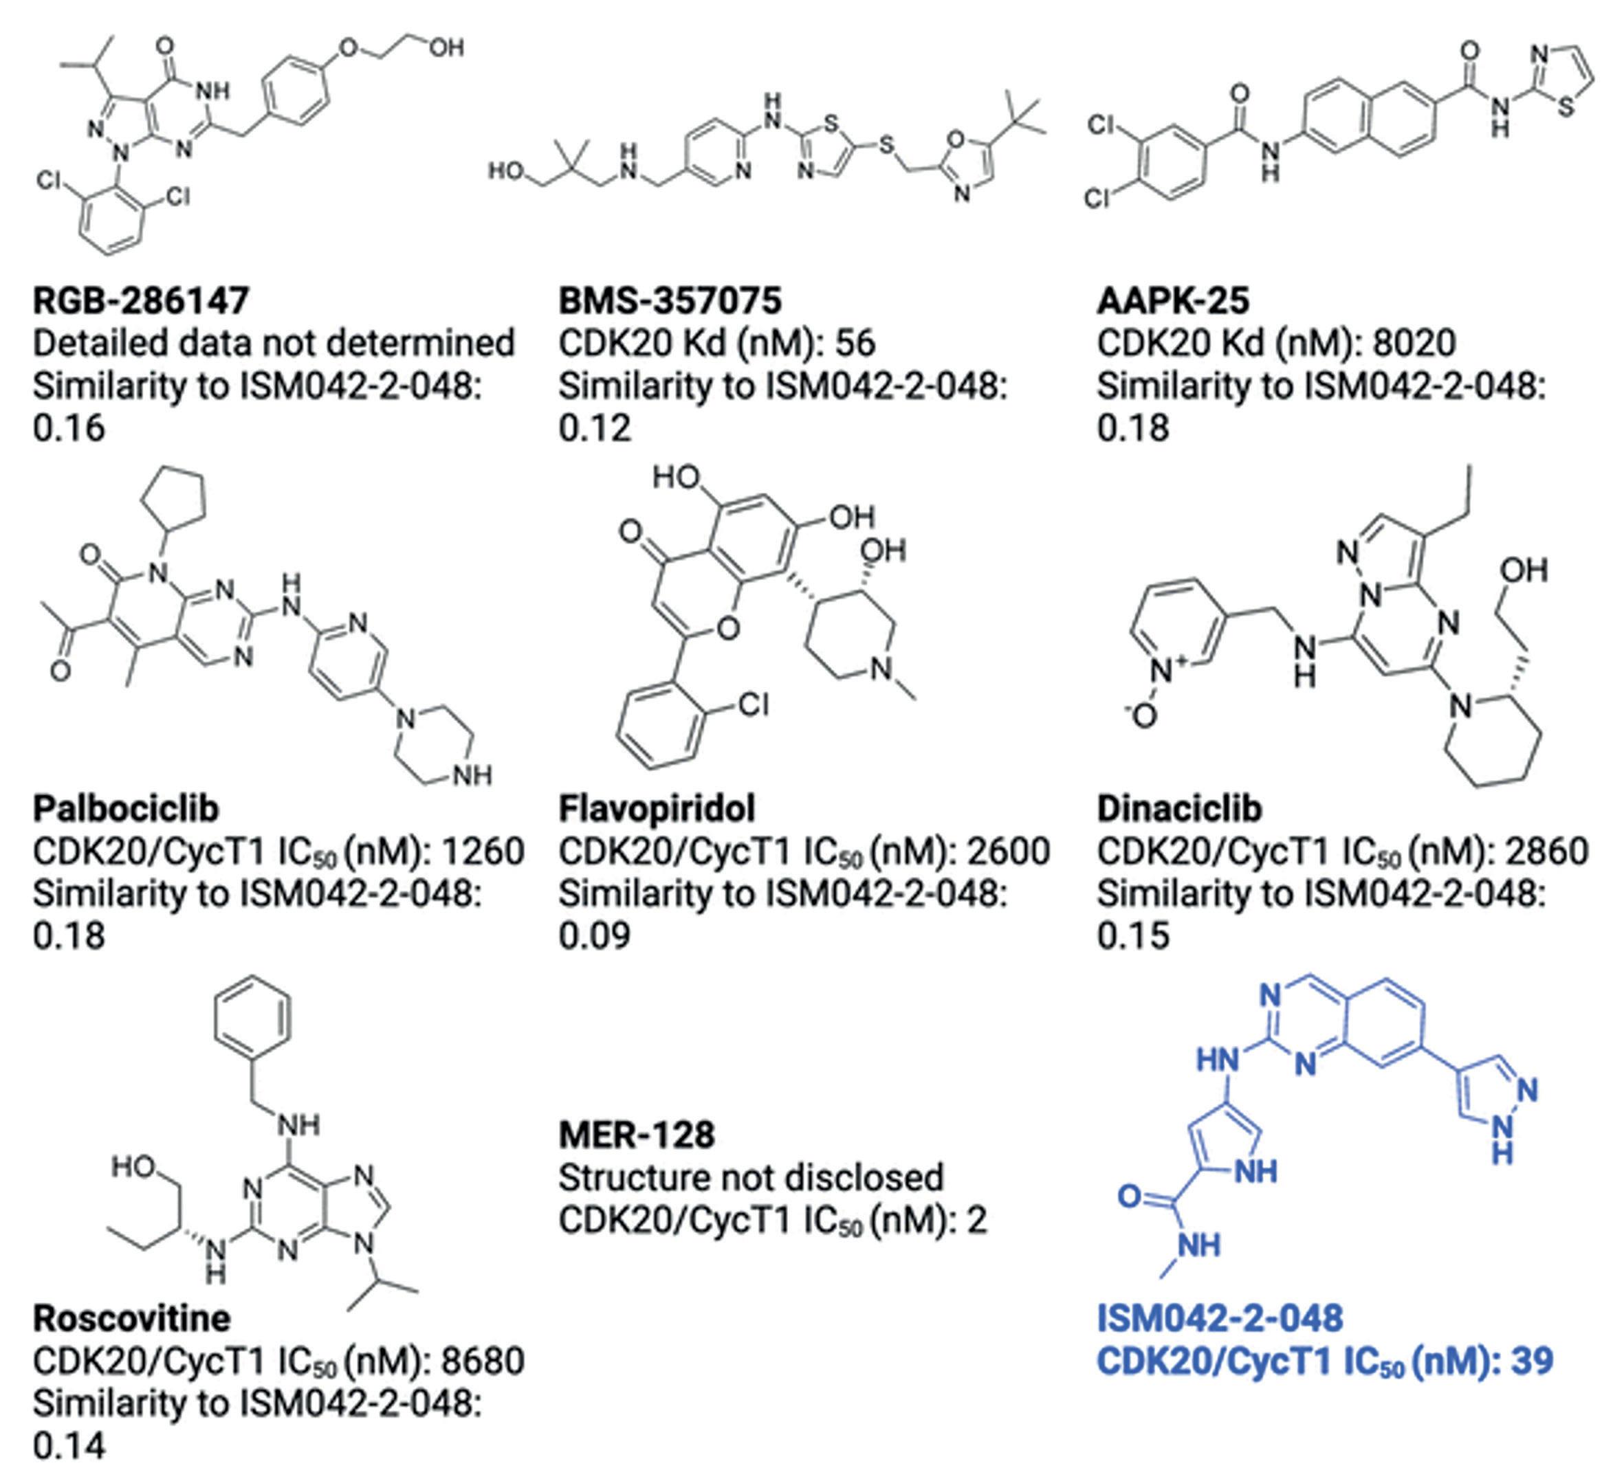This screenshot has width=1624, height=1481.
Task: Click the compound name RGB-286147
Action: pyautogui.click(x=140, y=300)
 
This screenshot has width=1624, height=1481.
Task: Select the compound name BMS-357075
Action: pyautogui.click(x=670, y=300)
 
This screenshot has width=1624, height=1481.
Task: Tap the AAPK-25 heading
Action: pyautogui.click(x=1172, y=300)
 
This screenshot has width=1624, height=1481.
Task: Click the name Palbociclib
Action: pyautogui.click(x=126, y=809)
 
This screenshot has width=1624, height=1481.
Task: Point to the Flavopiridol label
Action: pyautogui.click(x=657, y=809)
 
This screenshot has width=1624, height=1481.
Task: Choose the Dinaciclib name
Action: pyautogui.click(x=1178, y=809)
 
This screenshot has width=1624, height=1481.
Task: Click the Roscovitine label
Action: pyautogui.click(x=131, y=1318)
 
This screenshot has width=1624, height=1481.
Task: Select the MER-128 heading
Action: pyautogui.click(x=637, y=1135)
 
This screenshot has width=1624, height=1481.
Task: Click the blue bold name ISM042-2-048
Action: pyautogui.click(x=1220, y=1318)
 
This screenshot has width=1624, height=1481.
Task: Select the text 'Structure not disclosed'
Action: pyautogui.click(x=750, y=1177)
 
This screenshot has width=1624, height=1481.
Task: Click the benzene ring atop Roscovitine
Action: pyautogui.click(x=252, y=1016)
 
